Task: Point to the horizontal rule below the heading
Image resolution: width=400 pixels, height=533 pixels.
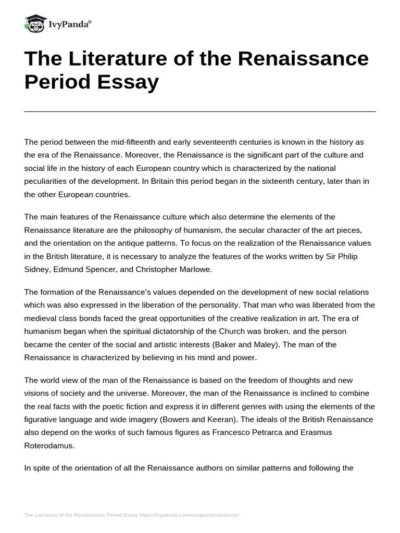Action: pos(200,111)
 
